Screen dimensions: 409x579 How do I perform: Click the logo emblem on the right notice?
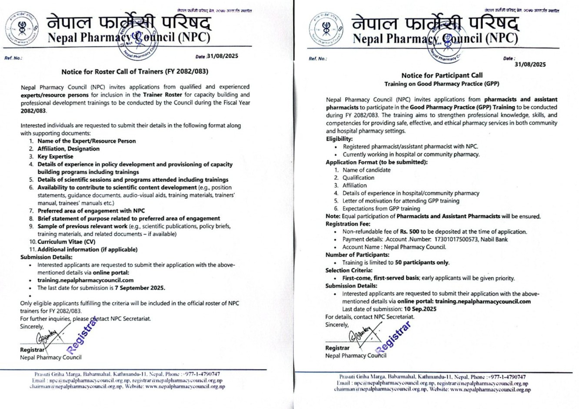pos(326,29)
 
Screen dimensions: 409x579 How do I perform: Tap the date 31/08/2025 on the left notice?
pos(223,56)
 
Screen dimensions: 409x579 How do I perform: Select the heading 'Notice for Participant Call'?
pos(442,76)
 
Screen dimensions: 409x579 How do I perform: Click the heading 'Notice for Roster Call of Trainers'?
pos(135,72)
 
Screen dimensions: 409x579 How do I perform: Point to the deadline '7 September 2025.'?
pos(140,288)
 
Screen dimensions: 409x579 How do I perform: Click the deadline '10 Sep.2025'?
pos(420,309)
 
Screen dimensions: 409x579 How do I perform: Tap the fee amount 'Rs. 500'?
pos(409,232)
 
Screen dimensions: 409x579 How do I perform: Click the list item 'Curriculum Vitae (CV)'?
pos(66,242)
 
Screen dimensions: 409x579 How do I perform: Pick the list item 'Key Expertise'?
pos(55,157)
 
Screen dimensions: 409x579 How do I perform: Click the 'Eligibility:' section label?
pos(339,139)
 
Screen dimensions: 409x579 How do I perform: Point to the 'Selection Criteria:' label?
pos(349,270)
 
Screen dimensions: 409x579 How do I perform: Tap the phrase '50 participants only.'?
pos(422,263)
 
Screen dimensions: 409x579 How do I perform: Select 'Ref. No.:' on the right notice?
pos(317,59)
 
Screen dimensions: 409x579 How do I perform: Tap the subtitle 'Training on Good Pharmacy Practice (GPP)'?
pos(442,84)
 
